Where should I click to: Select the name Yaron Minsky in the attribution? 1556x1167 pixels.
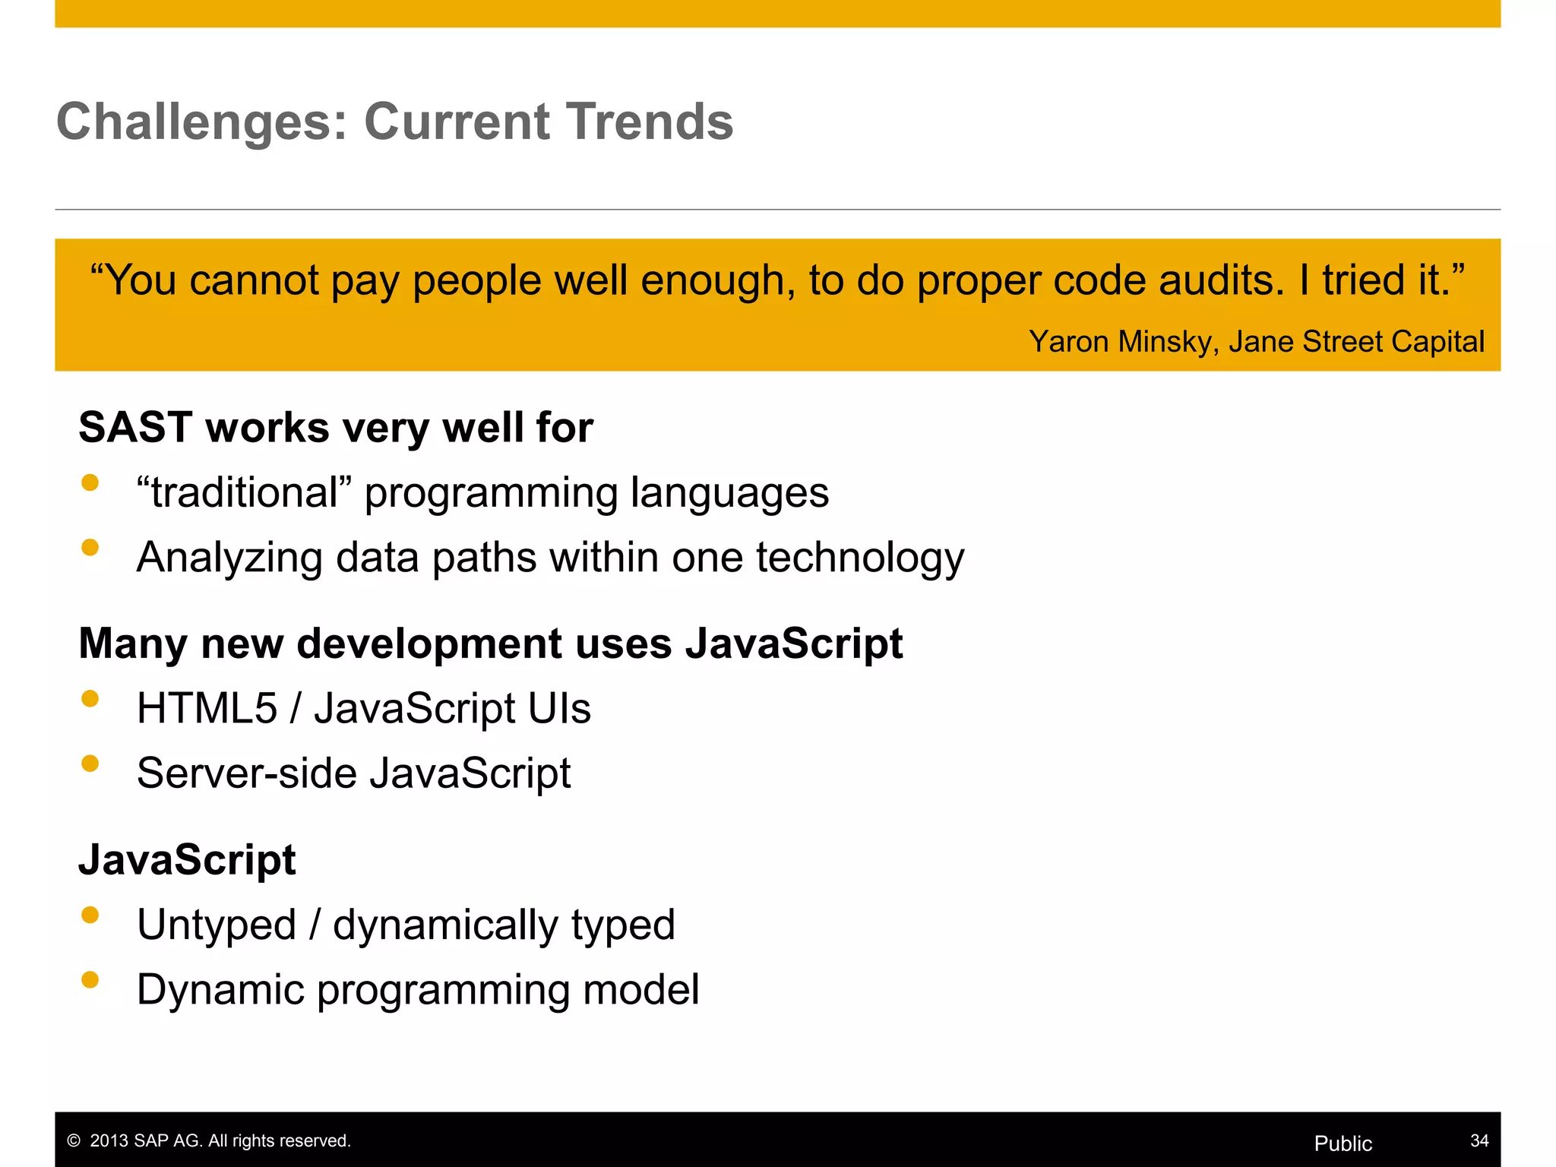1119,342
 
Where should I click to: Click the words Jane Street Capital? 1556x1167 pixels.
1356,342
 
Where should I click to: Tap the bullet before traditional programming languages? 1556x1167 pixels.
90,483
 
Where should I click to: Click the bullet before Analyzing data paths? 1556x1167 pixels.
90,548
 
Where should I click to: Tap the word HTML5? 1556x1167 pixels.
207,708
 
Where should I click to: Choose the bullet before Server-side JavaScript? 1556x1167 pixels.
90,764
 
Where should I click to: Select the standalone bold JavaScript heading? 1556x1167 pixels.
187,860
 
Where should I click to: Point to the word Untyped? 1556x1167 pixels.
217,925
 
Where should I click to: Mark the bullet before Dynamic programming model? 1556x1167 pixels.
90,980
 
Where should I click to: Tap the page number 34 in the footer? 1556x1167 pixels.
1479,1140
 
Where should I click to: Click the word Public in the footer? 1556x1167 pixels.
1343,1143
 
